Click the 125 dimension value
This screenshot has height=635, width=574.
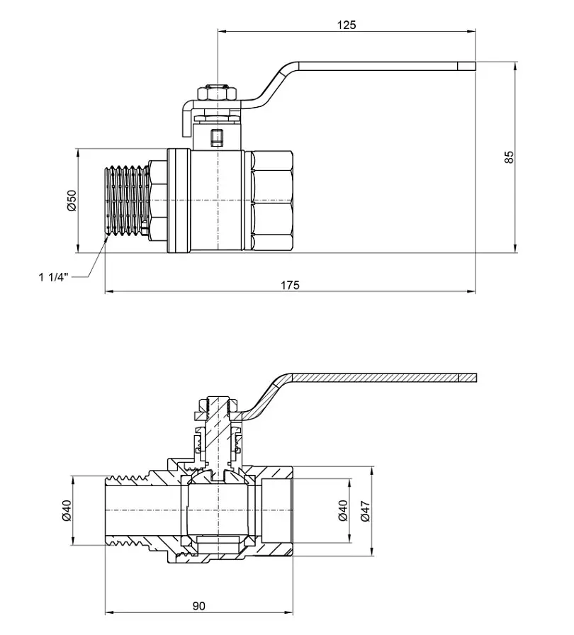347,25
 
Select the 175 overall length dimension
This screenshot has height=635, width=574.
291,285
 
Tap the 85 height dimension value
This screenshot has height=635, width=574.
509,157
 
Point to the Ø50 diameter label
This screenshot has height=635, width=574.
72,200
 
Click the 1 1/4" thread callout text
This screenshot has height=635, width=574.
55,277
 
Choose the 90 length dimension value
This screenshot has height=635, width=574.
198,606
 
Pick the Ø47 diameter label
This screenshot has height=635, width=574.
365,511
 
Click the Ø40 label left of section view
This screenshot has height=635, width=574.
67,510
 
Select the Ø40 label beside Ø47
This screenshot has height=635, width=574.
343,510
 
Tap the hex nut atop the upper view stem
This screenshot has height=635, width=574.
218,93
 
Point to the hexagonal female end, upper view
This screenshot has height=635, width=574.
271,201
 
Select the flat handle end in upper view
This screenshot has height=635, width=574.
467,66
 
